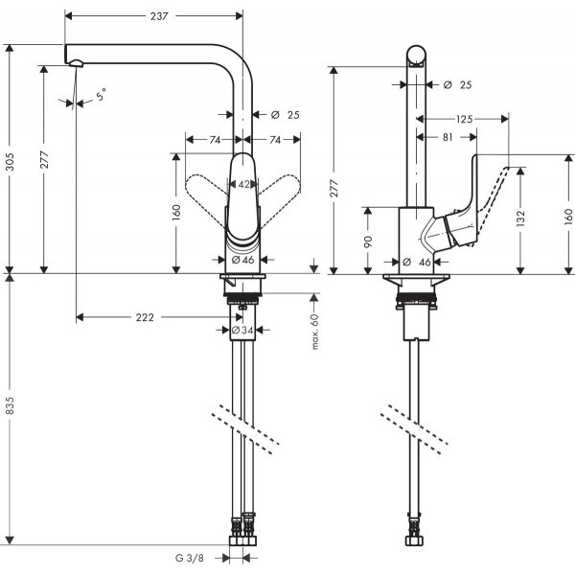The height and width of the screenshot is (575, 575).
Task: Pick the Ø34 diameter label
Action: click(242, 332)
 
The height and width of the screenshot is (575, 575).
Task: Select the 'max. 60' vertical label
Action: click(314, 331)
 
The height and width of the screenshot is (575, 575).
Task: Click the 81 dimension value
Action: click(448, 137)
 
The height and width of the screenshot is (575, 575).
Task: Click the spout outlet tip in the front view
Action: click(76, 63)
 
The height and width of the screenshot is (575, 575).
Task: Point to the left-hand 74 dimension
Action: click(216, 140)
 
